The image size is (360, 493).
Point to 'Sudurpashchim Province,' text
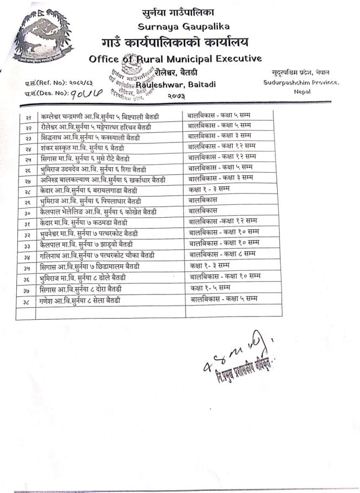point(301,82)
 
